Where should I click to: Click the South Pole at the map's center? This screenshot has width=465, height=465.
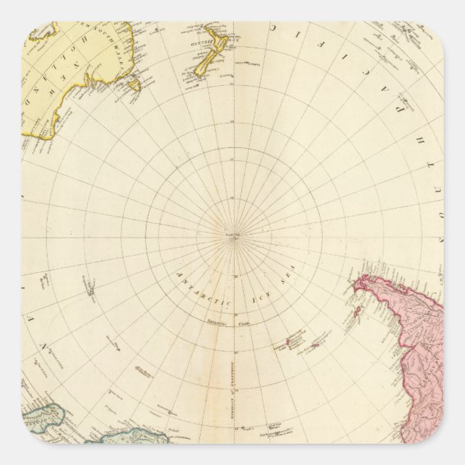coord(232,234)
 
